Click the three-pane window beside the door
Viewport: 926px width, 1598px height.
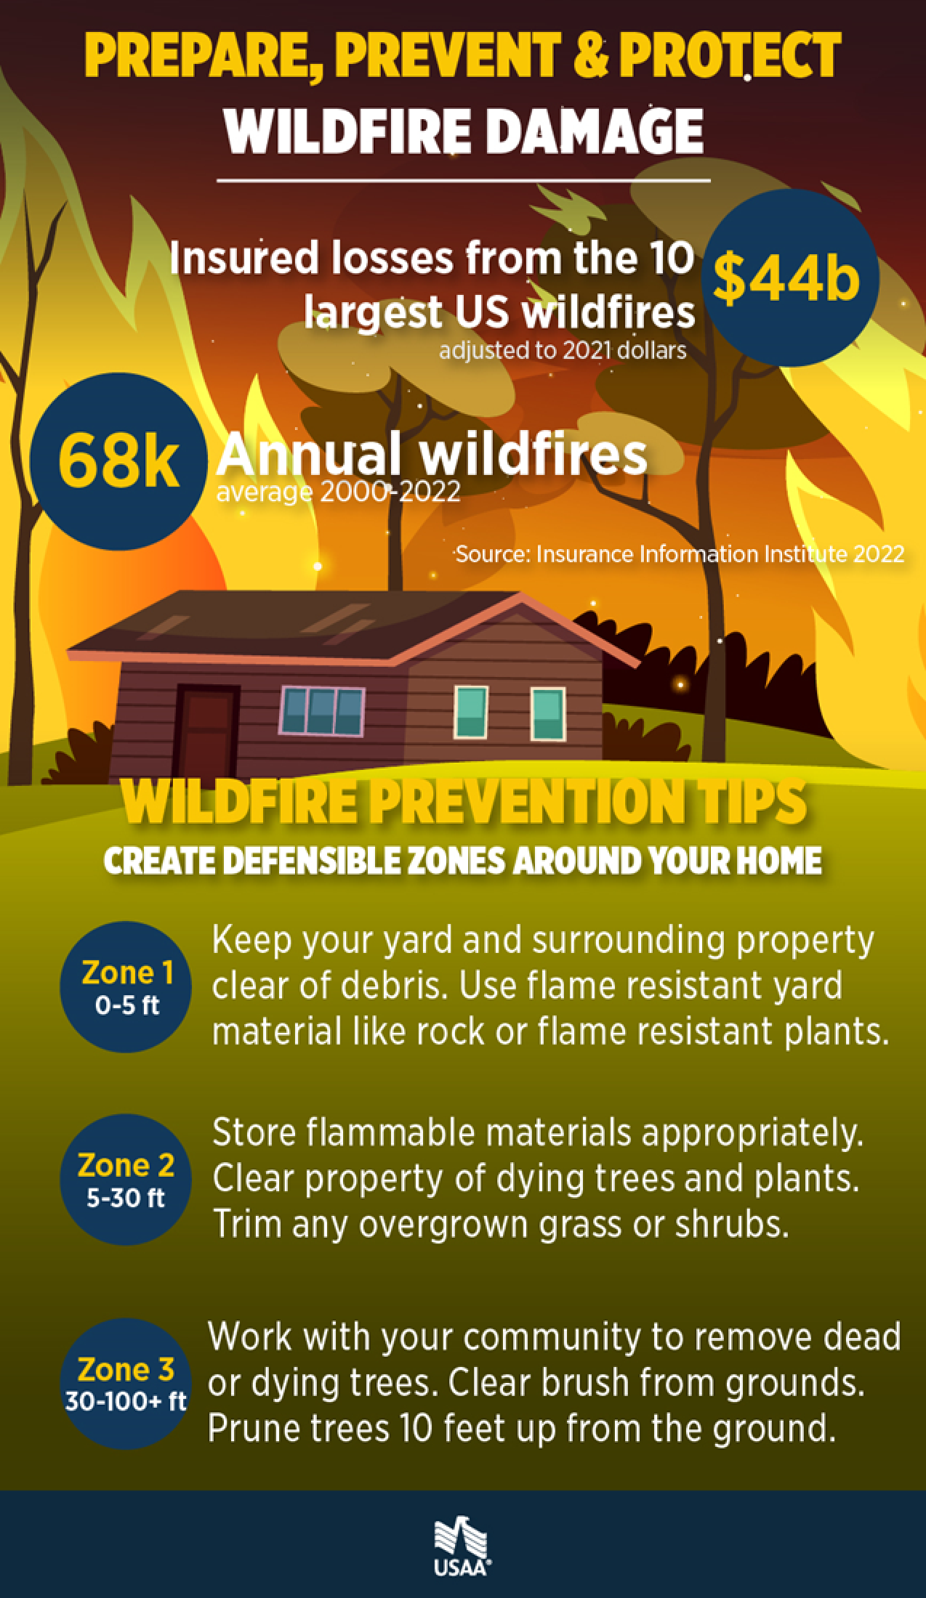[x=322, y=710]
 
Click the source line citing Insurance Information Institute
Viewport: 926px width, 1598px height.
[x=680, y=555]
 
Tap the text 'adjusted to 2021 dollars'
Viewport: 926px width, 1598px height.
[x=563, y=352]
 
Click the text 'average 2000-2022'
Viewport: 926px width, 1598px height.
[x=338, y=492]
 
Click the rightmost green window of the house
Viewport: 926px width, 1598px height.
[x=548, y=713]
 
